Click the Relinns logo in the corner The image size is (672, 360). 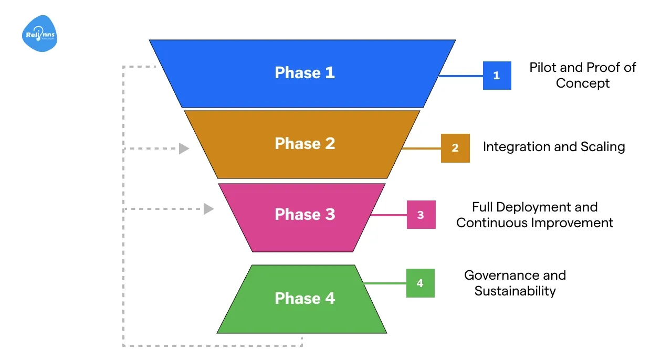point(40,34)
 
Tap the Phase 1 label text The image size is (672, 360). point(304,72)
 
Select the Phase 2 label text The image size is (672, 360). point(304,143)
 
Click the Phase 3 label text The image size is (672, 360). point(304,214)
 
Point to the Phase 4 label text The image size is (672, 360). point(304,298)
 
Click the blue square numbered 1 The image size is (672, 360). point(497,76)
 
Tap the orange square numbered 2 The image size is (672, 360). point(455,148)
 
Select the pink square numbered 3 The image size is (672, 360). point(421,215)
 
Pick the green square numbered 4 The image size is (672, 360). point(420,283)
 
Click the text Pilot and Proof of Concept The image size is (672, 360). point(582,75)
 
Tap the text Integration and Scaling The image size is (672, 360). point(554,146)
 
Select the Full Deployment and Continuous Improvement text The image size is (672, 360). point(534,215)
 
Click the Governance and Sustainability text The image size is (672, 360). point(515,283)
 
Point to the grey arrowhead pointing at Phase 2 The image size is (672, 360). point(184,149)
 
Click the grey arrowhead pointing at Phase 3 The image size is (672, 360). point(208,209)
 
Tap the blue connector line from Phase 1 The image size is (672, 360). point(461,76)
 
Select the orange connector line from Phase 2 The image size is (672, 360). point(422,149)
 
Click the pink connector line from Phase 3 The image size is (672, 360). point(388,215)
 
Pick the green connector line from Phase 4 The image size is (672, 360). point(385,283)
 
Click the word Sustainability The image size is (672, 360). point(515,291)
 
